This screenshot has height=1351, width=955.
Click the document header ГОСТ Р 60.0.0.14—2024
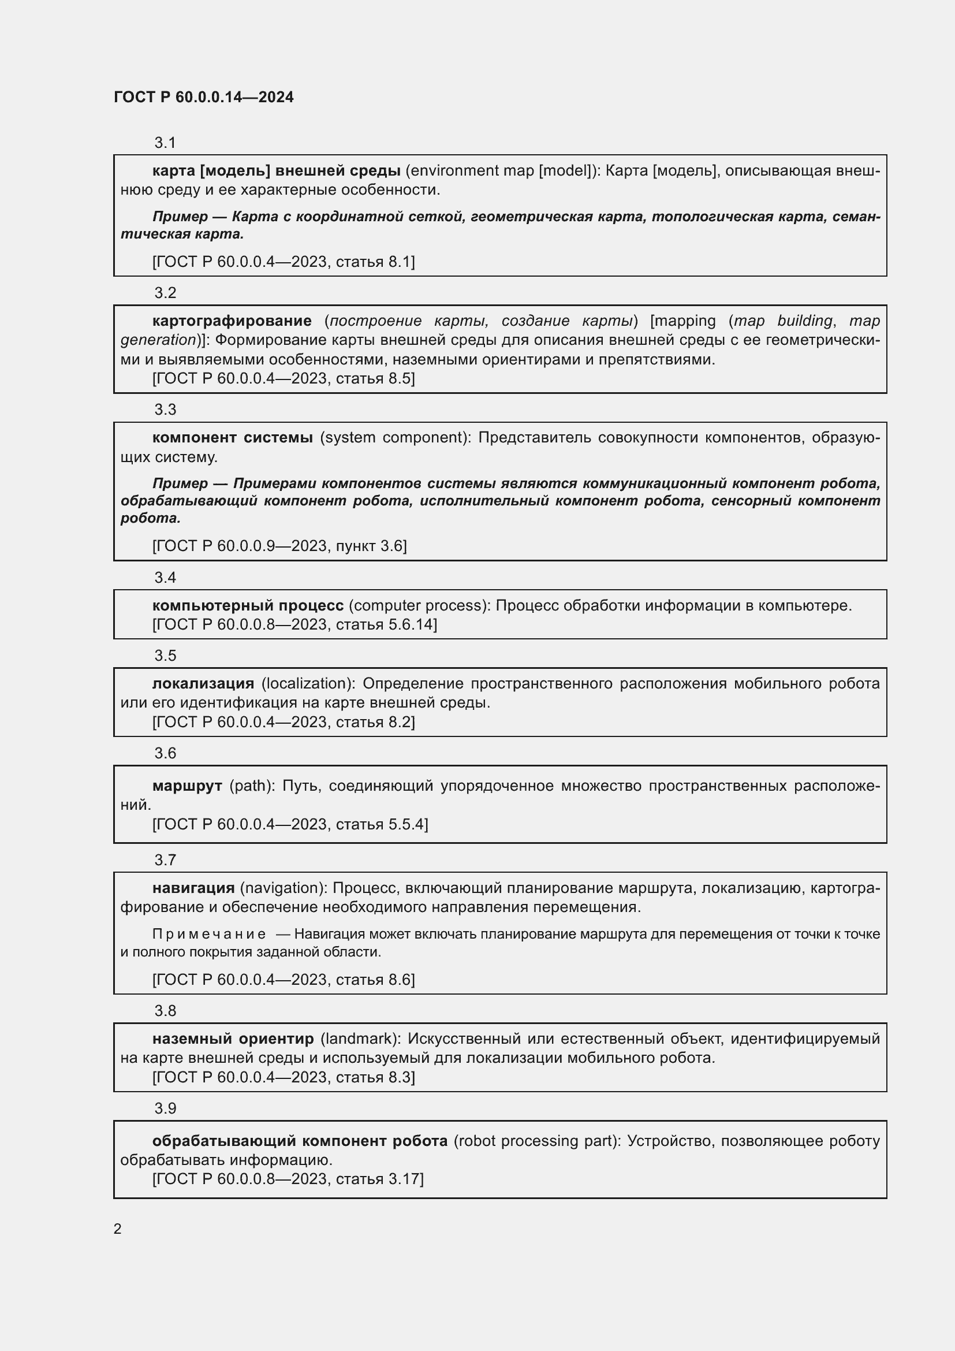pos(203,97)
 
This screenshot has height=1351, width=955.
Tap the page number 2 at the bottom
pos(118,1229)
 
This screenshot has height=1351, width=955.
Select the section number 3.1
pos(165,143)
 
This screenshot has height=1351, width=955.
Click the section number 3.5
pos(165,656)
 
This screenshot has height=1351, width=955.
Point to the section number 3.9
pos(165,1108)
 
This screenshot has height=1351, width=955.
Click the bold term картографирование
pos(232,321)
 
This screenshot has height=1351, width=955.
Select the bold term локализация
pos(203,683)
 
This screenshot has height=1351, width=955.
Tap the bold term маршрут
pos(187,786)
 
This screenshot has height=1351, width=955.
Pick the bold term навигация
pos(193,888)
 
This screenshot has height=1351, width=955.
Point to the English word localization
pos(308,683)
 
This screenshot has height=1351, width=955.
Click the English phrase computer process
pos(419,605)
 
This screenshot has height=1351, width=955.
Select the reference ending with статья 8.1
pos(283,262)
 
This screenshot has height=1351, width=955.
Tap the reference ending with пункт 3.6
pos(279,546)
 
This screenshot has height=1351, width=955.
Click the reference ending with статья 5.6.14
pos(294,624)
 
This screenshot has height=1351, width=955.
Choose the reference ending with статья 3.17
pos(288,1179)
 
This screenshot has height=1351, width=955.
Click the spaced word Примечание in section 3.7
pos(209,934)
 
